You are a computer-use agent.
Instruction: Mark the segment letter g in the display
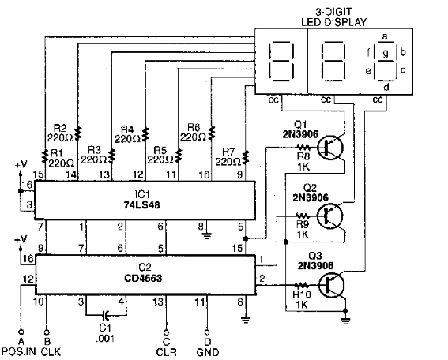click(385, 53)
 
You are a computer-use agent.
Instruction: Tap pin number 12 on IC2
click(27, 279)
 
